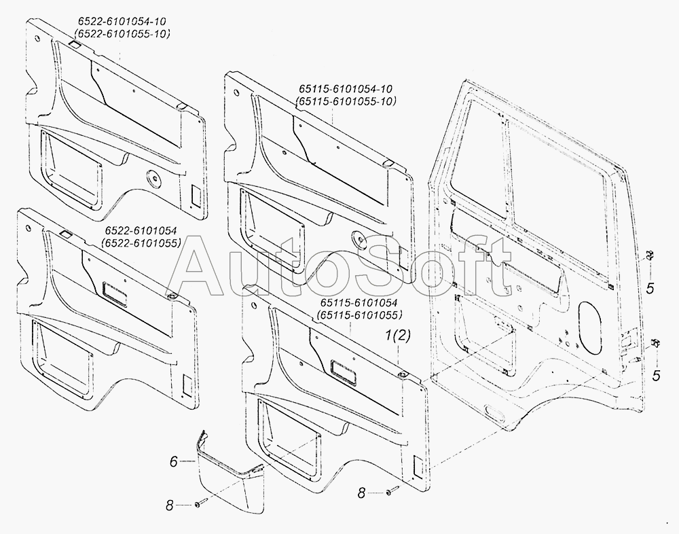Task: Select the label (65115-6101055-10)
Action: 346,101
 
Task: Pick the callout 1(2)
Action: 399,336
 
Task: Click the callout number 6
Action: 174,461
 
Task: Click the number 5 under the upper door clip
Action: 650,289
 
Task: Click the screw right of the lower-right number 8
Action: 392,491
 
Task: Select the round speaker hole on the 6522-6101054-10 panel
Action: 155,180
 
